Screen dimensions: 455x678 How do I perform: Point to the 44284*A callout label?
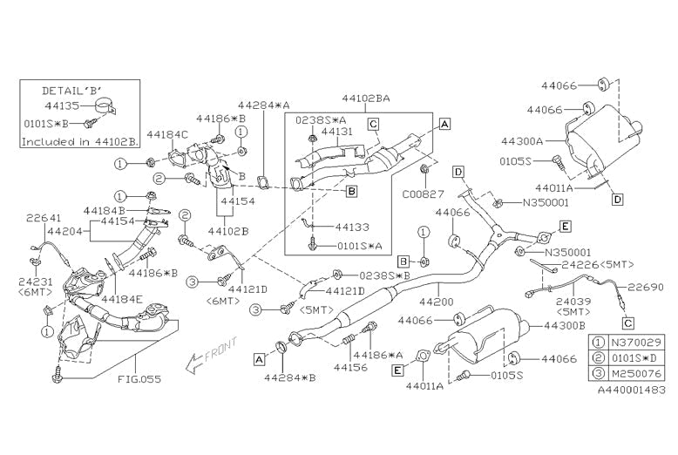pyautogui.click(x=261, y=106)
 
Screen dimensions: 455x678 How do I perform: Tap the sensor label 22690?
pyautogui.click(x=646, y=286)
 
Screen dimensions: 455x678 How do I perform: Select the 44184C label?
pyautogui.click(x=166, y=135)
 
